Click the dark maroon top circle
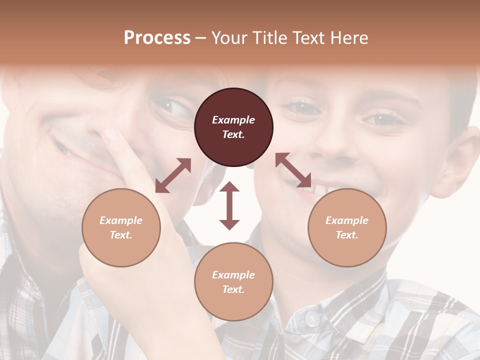click(233, 127)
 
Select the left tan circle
click(121, 227)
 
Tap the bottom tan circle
click(233, 282)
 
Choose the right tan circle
click(347, 227)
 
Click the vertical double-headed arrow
click(229, 205)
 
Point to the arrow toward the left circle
click(173, 175)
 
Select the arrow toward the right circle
click(293, 170)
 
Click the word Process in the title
click(157, 38)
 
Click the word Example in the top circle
click(233, 120)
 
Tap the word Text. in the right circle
click(347, 235)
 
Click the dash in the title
click(201, 38)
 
